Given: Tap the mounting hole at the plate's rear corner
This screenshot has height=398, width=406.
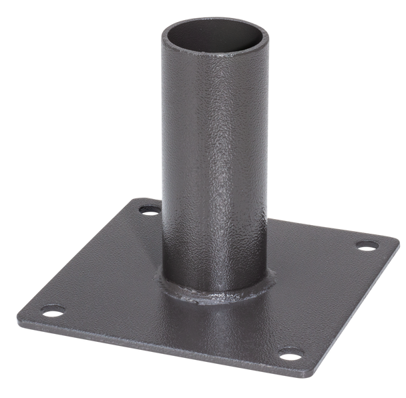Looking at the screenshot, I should pos(150,210).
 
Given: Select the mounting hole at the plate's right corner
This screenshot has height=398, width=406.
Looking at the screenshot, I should pos(366,245).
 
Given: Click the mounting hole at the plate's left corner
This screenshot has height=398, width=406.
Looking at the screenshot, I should pos(53,310).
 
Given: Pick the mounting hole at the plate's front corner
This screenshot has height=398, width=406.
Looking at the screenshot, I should pos(288,352).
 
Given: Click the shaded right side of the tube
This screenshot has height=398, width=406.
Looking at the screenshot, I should pos(260,167).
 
